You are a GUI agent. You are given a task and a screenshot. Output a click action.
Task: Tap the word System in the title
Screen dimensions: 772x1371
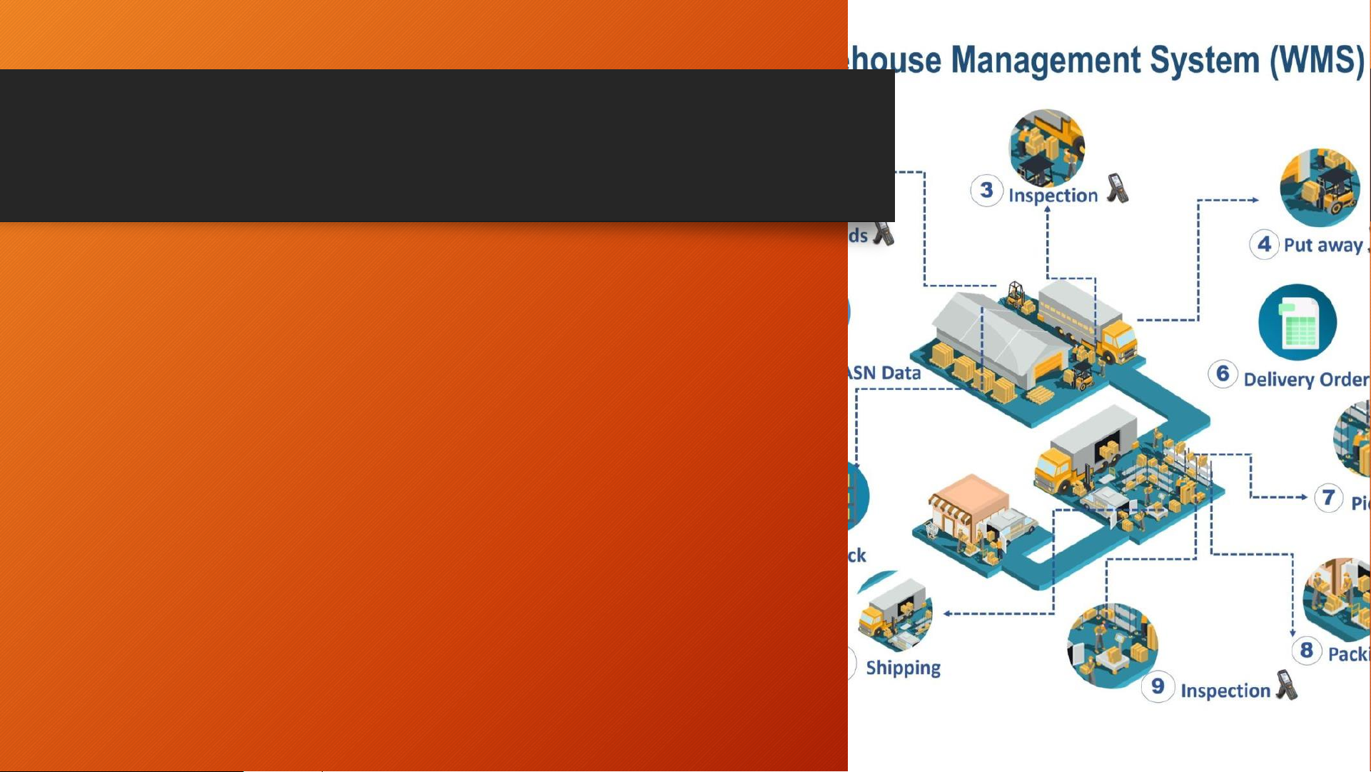pyautogui.click(x=1205, y=61)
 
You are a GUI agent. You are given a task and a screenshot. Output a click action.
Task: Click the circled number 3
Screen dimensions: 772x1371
pyautogui.click(x=986, y=191)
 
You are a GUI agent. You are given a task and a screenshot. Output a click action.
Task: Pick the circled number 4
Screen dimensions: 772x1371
pyautogui.click(x=1264, y=244)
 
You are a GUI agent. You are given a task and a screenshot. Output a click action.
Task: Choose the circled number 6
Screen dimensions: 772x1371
pyautogui.click(x=1223, y=374)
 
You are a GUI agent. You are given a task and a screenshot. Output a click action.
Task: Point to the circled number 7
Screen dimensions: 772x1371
pyautogui.click(x=1328, y=497)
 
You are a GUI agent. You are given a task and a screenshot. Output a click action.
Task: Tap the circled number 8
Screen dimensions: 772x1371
pyautogui.click(x=1306, y=651)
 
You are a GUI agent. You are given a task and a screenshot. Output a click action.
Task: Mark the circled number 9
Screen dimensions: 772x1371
pyautogui.click(x=1158, y=687)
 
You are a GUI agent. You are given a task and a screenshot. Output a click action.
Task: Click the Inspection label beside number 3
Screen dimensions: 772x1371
pyautogui.click(x=1053, y=196)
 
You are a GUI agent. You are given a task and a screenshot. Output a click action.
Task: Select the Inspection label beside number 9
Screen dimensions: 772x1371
pyautogui.click(x=1225, y=691)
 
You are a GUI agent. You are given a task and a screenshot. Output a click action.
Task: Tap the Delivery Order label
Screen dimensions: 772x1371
pyautogui.click(x=1305, y=379)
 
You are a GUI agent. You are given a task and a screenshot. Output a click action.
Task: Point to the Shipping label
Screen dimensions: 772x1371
pyautogui.click(x=903, y=668)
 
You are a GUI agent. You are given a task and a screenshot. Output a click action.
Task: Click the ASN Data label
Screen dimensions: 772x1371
pyautogui.click(x=884, y=373)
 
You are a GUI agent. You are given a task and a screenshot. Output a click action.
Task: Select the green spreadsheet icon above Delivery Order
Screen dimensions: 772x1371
pyautogui.click(x=1297, y=322)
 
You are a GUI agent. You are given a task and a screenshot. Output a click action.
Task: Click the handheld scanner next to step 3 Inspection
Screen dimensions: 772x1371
pyautogui.click(x=1118, y=189)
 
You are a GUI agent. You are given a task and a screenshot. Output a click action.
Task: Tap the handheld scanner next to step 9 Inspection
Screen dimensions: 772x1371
pyautogui.click(x=1287, y=685)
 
